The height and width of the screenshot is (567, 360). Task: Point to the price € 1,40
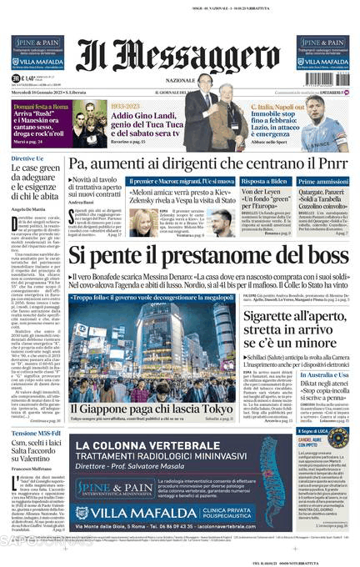27,79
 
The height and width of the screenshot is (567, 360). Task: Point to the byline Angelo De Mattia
30,208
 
